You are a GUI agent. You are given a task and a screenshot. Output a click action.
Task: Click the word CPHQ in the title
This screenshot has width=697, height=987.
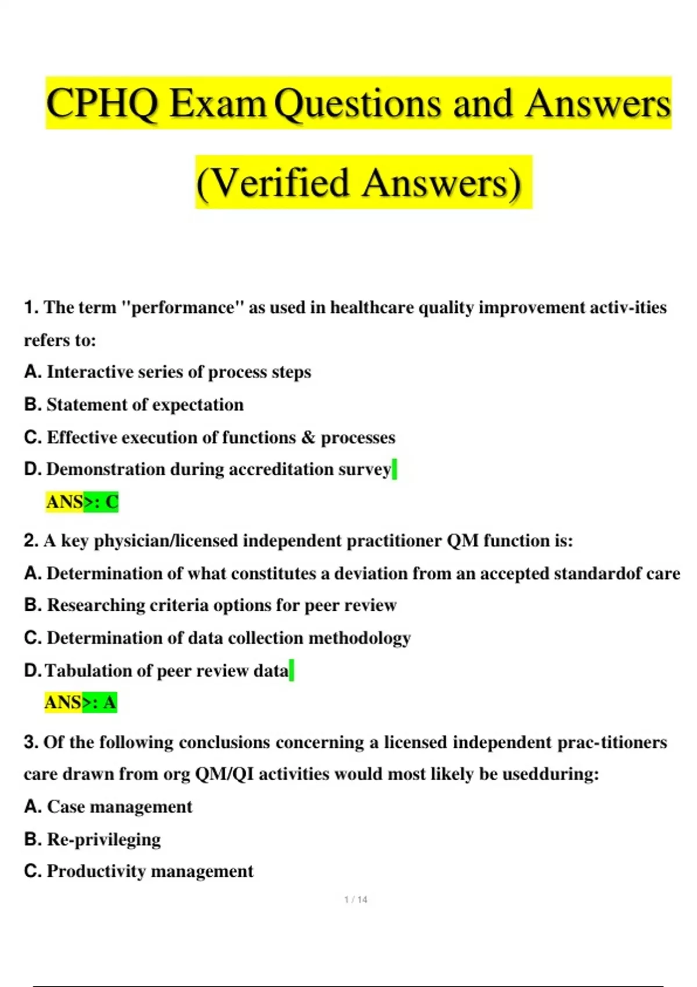[102, 103]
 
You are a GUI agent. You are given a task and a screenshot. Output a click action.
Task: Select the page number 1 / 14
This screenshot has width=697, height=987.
[355, 899]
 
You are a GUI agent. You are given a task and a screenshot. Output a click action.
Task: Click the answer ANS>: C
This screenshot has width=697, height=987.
[82, 502]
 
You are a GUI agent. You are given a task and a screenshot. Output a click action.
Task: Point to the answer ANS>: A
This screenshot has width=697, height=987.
[81, 703]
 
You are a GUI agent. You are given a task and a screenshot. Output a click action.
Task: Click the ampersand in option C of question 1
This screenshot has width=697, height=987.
[308, 437]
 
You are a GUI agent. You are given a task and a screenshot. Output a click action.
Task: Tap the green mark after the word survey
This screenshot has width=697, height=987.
[395, 469]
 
